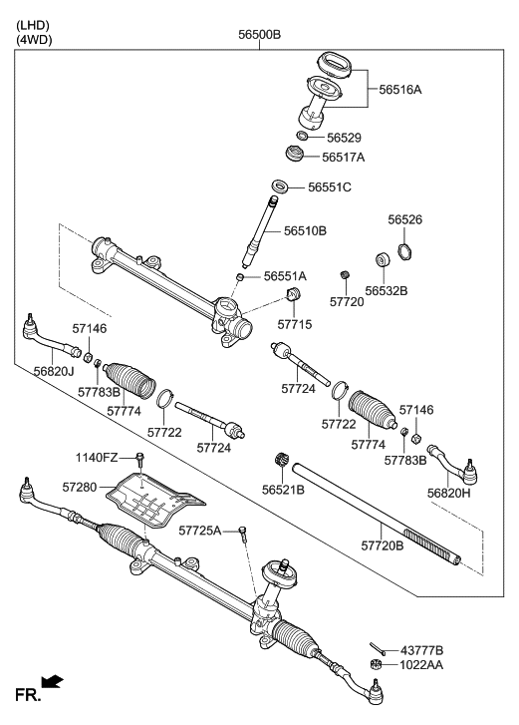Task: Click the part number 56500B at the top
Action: (259, 35)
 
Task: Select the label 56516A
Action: (400, 90)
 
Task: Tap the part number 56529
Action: (344, 137)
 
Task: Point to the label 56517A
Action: (344, 157)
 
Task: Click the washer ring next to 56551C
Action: (281, 186)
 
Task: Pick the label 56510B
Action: (305, 230)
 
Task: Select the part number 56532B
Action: (386, 291)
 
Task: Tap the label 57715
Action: (294, 324)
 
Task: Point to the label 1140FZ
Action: (97, 458)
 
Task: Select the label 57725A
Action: (200, 531)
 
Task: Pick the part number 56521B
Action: (283, 490)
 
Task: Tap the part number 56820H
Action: (448, 493)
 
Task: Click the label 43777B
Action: (421, 650)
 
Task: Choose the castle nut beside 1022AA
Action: (377, 665)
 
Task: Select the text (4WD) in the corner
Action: (33, 40)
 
